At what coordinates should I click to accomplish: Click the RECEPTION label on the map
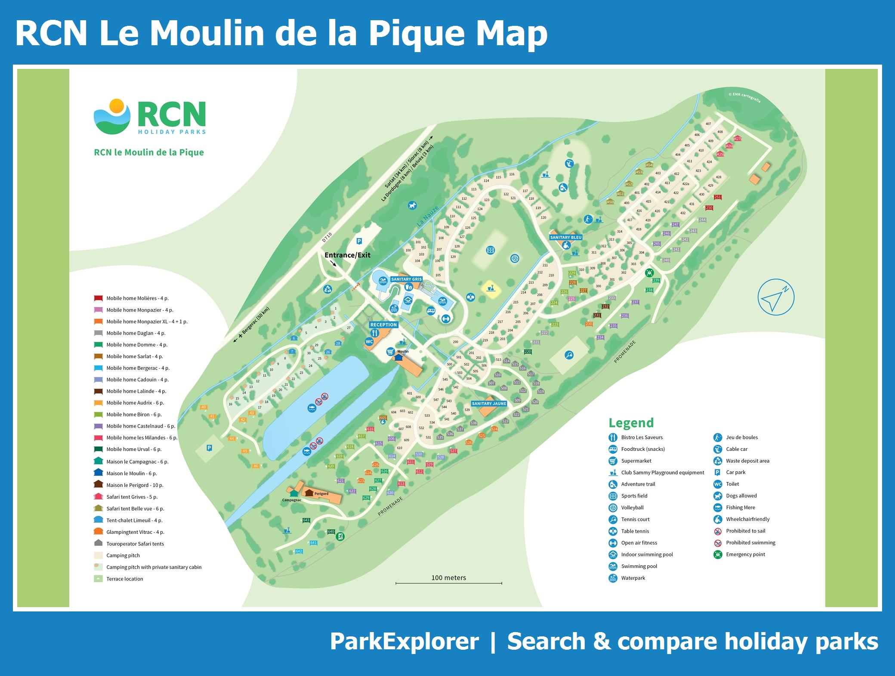point(383,325)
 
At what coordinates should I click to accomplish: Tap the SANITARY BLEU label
point(566,237)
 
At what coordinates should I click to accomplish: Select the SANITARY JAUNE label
point(489,403)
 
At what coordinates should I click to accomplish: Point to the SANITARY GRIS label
point(406,279)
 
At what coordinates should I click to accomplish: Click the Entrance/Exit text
point(347,255)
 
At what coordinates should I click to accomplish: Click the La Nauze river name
point(428,216)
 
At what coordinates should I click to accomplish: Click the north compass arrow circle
point(776,298)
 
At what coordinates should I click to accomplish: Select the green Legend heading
point(631,423)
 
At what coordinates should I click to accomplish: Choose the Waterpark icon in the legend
point(613,578)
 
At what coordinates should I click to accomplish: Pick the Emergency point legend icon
point(718,555)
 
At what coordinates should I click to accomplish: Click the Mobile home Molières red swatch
point(99,298)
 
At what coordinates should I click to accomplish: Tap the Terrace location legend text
point(125,579)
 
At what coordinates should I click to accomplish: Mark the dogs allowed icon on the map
point(413,205)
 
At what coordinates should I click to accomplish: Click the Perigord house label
point(321,494)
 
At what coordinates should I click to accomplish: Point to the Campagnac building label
point(291,500)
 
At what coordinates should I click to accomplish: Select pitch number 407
point(708,124)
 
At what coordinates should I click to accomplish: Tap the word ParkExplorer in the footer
point(404,642)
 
